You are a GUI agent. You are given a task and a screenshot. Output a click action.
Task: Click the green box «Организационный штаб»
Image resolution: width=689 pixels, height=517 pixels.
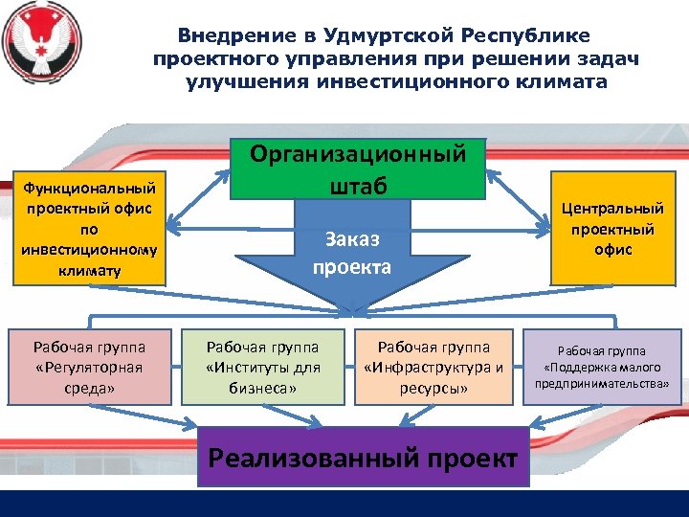point(358,168)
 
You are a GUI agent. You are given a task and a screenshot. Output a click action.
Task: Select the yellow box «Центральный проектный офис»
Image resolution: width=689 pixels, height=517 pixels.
point(612,230)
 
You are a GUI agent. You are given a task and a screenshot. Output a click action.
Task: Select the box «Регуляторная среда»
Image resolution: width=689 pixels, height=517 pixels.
point(89,367)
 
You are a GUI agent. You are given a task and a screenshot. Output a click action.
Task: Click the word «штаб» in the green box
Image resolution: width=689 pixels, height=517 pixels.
point(359,184)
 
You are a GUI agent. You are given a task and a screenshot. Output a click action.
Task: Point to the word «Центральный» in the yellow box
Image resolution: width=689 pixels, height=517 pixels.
point(612,208)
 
